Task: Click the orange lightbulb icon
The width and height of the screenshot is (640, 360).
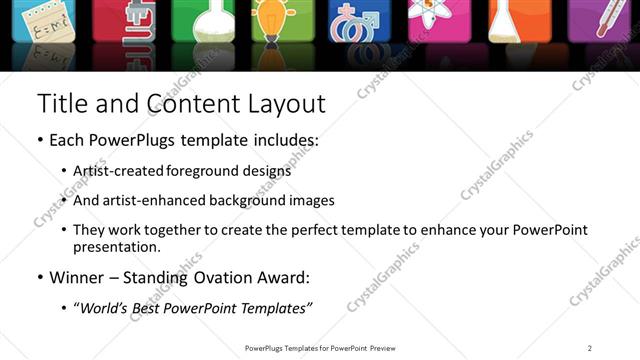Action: (270, 21)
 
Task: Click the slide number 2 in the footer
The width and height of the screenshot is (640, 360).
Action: (590, 348)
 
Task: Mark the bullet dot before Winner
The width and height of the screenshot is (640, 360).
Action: (39, 277)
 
